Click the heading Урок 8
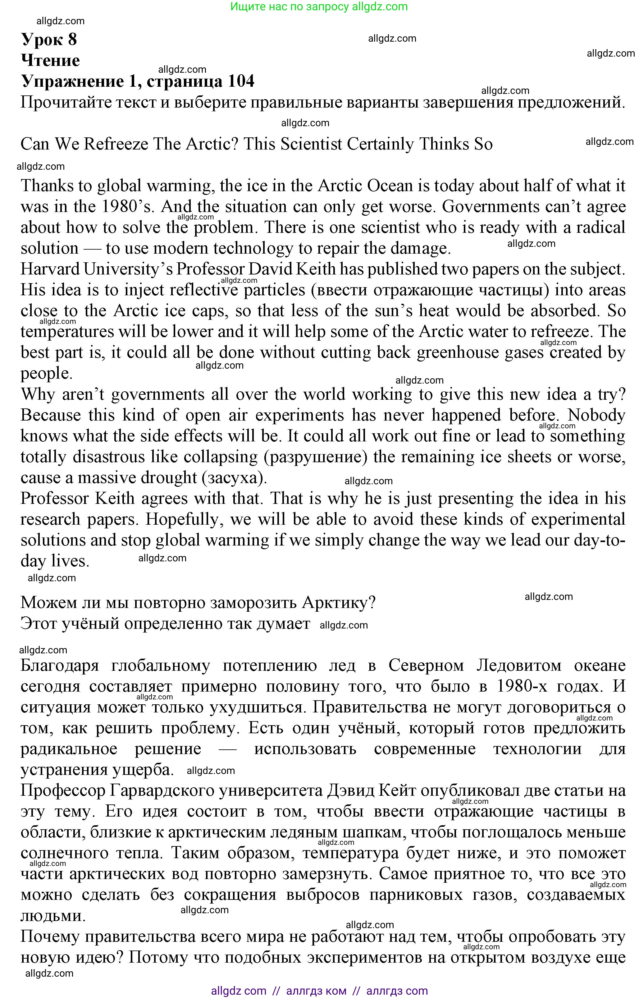point(49,40)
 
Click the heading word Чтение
point(50,61)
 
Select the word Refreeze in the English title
point(116,145)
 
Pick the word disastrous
point(110,457)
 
